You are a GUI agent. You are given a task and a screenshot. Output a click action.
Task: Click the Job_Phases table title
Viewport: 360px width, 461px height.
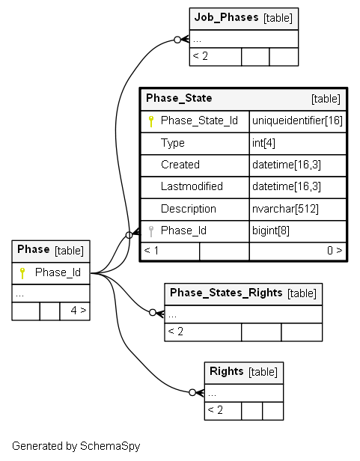point(227,17)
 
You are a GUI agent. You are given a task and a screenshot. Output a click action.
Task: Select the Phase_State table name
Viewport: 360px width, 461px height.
point(179,98)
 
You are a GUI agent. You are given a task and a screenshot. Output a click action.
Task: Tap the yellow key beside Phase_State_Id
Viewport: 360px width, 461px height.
point(151,121)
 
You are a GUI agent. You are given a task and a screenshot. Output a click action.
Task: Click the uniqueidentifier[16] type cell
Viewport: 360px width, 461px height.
point(297,120)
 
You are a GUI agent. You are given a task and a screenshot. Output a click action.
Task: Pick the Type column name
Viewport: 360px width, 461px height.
point(173,143)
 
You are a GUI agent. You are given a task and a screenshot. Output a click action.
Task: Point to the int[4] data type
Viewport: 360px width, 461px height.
point(263,143)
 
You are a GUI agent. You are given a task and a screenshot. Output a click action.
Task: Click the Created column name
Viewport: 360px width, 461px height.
point(180,165)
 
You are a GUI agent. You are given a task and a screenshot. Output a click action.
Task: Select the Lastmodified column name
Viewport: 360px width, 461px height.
point(192,186)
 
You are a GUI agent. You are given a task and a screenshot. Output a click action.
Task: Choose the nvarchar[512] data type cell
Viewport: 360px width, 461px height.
point(285,209)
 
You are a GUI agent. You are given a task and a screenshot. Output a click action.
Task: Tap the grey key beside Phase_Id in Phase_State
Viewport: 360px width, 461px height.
point(151,231)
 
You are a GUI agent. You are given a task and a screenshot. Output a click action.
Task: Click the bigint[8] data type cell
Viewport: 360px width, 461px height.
point(271,230)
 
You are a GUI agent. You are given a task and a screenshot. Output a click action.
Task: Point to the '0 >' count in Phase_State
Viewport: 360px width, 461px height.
point(335,251)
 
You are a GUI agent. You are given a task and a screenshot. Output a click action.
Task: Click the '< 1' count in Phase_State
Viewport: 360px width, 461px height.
point(151,251)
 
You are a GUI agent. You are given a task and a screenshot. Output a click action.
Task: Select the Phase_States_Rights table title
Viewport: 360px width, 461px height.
point(226,293)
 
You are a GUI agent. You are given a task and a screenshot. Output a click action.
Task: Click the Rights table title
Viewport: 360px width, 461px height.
point(227,371)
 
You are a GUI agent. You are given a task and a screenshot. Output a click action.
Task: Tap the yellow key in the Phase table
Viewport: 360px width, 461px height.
point(22,273)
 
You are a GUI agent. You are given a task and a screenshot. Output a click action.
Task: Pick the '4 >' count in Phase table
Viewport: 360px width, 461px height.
point(79,310)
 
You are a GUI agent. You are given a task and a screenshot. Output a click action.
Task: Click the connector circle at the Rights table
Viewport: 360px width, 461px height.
point(192,392)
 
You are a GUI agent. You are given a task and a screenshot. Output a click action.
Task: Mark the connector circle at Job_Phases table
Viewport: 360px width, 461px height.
point(177,40)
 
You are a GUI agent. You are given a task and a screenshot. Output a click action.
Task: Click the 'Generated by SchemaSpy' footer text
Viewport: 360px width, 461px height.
point(76,446)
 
